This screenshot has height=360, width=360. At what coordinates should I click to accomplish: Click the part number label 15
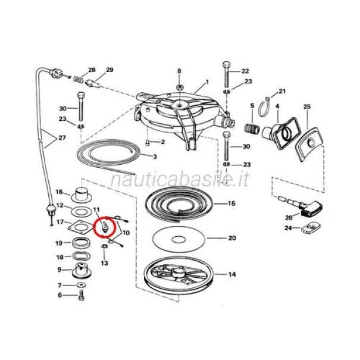[231, 204]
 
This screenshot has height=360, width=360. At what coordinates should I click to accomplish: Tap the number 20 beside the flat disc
[232, 238]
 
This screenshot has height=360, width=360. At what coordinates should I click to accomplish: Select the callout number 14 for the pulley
[232, 274]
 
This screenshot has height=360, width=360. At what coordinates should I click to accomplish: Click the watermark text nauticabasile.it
[180, 180]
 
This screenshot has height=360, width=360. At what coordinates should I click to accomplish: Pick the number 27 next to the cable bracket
[62, 138]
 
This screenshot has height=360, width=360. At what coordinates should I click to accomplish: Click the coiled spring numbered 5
[252, 129]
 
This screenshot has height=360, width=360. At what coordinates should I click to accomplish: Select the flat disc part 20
[179, 239]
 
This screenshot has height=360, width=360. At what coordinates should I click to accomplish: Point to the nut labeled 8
[180, 87]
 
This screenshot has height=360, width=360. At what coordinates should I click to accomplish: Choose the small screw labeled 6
[82, 295]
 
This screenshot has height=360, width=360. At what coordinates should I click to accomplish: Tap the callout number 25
[307, 107]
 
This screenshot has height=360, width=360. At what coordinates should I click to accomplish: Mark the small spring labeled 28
[79, 80]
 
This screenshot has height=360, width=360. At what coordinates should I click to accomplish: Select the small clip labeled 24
[310, 227]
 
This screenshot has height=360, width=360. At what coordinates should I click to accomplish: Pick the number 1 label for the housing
[207, 82]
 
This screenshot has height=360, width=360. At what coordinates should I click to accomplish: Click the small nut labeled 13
[104, 246]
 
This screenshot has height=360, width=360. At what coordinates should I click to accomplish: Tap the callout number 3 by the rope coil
[155, 156]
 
